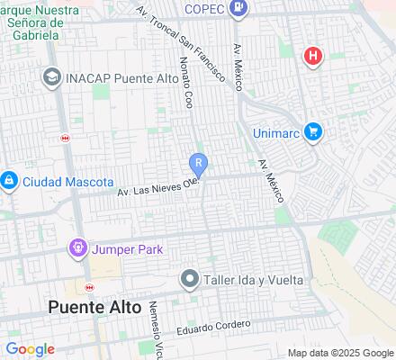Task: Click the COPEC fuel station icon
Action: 238,10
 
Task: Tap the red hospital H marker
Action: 313,57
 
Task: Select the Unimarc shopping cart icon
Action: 313,131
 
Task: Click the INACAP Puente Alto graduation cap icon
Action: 51,78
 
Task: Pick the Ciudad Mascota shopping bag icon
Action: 9,181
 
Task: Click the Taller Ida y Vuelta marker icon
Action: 189,279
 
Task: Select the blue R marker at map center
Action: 199,164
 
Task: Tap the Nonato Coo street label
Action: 184,83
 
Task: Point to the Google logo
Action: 30,349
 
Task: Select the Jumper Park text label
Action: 127,248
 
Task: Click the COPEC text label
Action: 203,10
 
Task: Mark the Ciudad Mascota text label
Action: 68,181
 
